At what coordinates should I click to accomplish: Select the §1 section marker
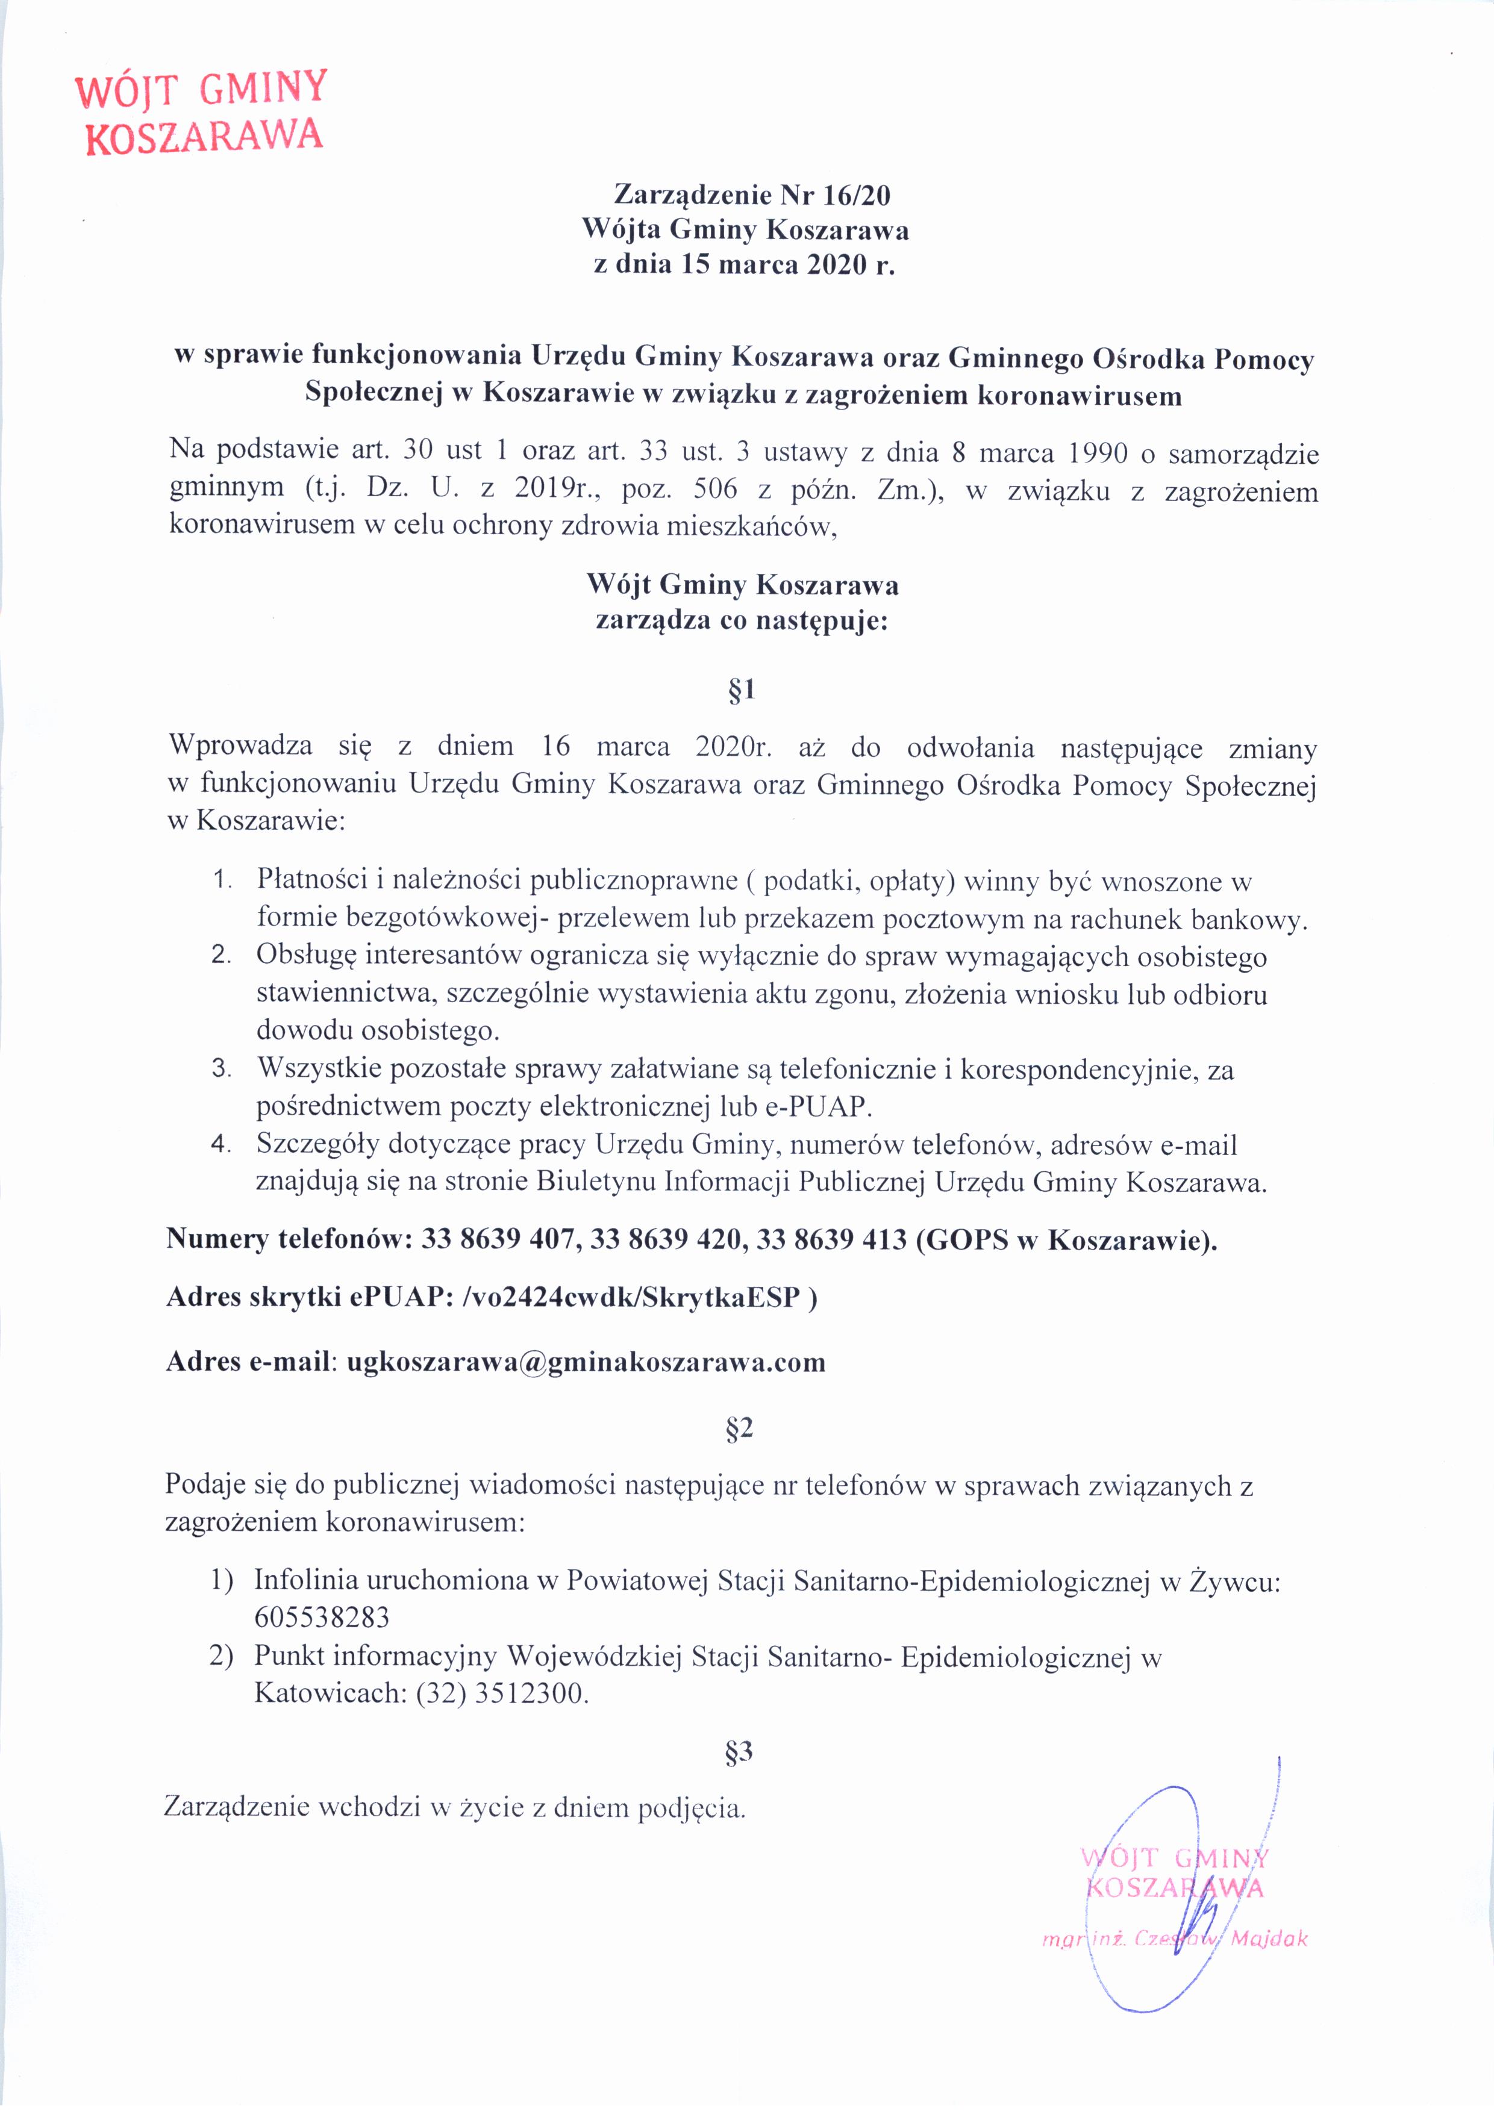(x=740, y=691)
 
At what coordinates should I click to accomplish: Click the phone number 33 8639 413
(x=831, y=1240)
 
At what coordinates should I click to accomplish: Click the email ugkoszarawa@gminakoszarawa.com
(x=585, y=1362)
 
